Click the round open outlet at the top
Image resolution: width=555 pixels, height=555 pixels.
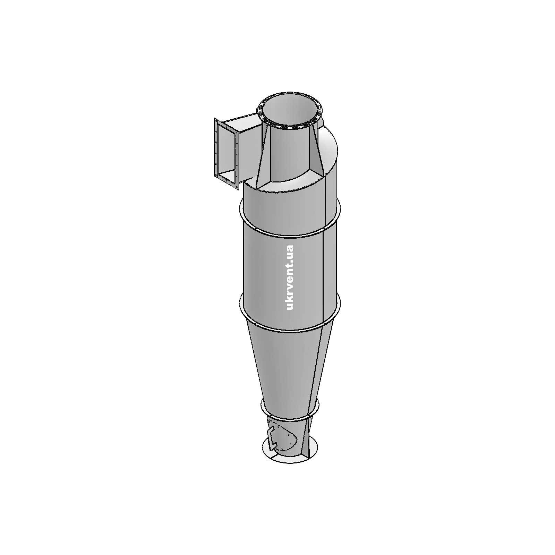pos(290,111)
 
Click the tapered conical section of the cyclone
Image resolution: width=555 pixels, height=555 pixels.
pos(290,368)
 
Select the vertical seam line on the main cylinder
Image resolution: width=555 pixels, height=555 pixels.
pos(323,274)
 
